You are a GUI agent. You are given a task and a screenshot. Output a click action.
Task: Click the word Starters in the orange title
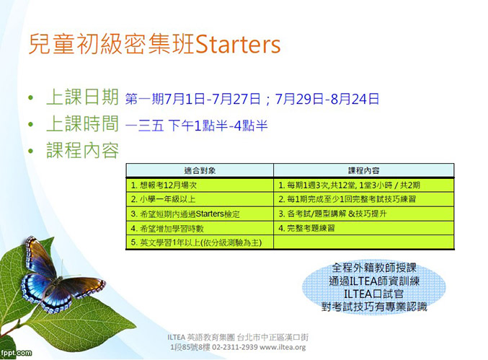point(238,44)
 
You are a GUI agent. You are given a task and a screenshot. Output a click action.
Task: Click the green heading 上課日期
point(82,97)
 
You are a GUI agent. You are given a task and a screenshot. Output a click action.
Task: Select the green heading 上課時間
point(82,123)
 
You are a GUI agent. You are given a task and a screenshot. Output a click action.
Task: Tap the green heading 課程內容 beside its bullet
point(82,150)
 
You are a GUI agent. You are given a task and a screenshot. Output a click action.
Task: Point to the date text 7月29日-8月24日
point(327,99)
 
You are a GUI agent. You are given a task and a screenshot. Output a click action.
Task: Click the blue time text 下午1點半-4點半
point(218,126)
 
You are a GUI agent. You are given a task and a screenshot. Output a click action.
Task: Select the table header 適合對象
point(200,170)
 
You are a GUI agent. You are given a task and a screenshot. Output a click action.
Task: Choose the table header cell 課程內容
point(363,170)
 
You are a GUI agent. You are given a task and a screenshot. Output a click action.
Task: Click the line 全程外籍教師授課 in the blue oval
point(374,268)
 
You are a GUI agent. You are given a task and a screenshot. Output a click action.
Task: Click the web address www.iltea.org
point(283,347)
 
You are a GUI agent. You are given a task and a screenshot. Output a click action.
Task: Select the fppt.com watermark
point(16,353)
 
